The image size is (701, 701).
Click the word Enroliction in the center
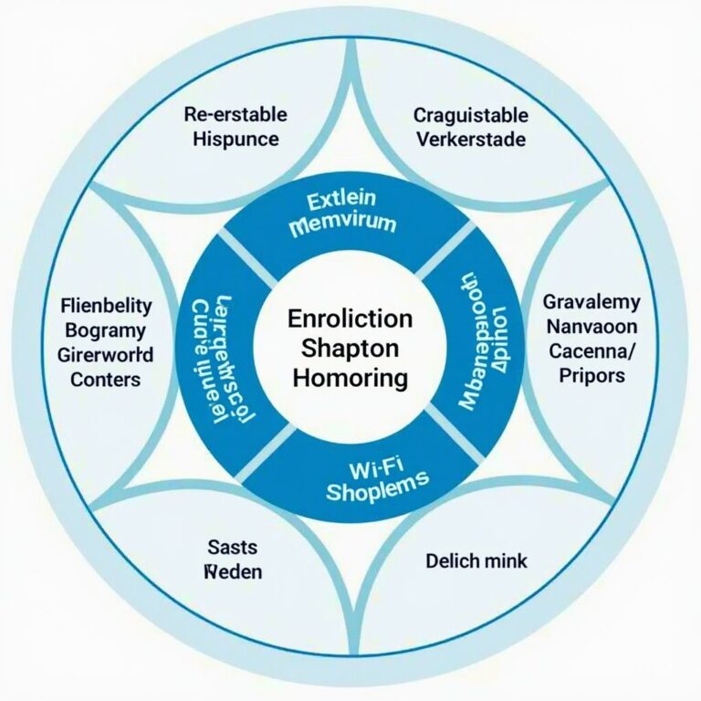(350, 319)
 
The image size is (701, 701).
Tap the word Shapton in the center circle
(350, 349)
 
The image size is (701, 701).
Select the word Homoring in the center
(350, 378)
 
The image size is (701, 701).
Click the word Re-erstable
(235, 115)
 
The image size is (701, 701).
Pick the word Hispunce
(235, 141)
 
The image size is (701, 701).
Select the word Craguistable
(470, 115)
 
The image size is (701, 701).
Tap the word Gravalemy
(591, 302)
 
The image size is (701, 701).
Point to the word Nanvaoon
(591, 327)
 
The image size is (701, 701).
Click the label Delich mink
(476, 560)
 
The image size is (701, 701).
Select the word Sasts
(233, 548)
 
